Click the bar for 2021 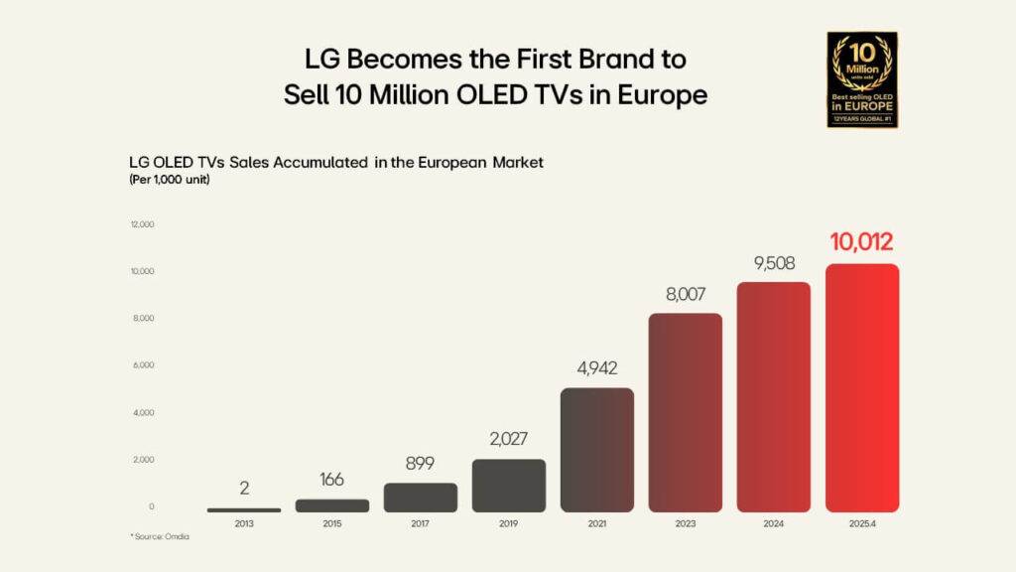pos(597,449)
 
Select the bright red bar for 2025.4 pos(862,387)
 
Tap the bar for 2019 pos(509,485)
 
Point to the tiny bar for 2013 pos(244,509)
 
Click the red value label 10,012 pos(862,241)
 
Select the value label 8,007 pos(686,294)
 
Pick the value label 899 pos(421,463)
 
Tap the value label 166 pos(332,480)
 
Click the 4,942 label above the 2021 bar pos(597,367)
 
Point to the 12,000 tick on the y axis pos(142,224)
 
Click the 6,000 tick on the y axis pos(142,365)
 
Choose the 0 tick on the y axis pos(151,506)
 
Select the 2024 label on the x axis pos(774,523)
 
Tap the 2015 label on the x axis pos(332,523)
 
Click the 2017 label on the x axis pos(421,523)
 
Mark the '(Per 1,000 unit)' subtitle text pos(170,180)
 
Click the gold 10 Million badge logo pos(861,79)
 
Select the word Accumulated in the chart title pos(321,162)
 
